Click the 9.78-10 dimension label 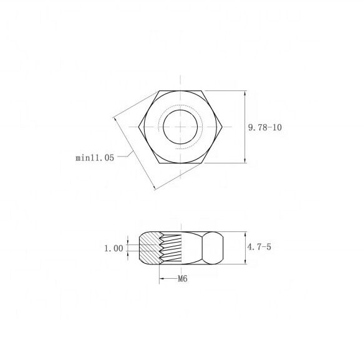(265, 127)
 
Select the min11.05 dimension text (95, 158)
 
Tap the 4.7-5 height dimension (259, 247)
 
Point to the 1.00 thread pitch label (114, 249)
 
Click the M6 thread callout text (182, 279)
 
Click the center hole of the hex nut (180, 127)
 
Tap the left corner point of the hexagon (139, 127)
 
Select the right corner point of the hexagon (222, 127)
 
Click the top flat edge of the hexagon (180, 91)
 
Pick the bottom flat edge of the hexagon (180, 163)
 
